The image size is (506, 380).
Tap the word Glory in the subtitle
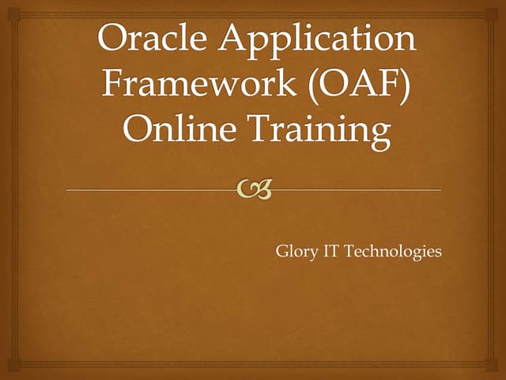[x=295, y=253]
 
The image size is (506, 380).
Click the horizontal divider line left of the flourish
[x=150, y=190]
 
